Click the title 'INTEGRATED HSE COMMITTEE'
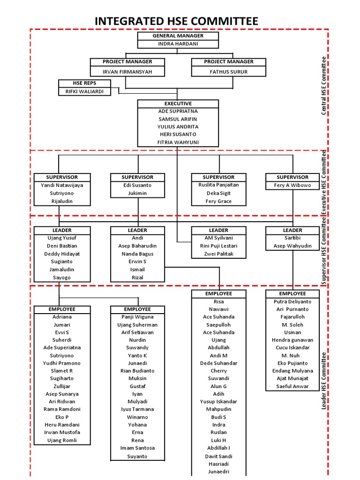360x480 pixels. [176, 21]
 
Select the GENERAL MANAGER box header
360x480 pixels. [178, 36]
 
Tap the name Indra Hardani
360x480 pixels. [178, 44]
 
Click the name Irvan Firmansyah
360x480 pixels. [127, 72]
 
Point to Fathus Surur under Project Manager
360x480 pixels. [229, 72]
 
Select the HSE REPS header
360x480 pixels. [85, 83]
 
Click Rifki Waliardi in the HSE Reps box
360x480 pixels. [85, 91]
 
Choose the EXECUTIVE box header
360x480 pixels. [178, 103]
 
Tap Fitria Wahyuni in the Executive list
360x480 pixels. [178, 142]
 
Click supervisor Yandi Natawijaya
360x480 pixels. [62, 185]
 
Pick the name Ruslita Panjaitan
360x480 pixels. [218, 185]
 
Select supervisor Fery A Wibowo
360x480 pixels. [292, 185]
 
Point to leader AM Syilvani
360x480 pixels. [218, 238]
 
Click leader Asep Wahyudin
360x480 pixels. [292, 246]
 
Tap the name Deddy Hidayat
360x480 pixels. [62, 254]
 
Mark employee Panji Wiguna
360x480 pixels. [137, 317]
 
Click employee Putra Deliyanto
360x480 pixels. [292, 301]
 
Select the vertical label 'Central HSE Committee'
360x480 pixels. [323, 86]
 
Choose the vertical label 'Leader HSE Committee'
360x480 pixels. [323, 381]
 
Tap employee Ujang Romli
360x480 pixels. [62, 440]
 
